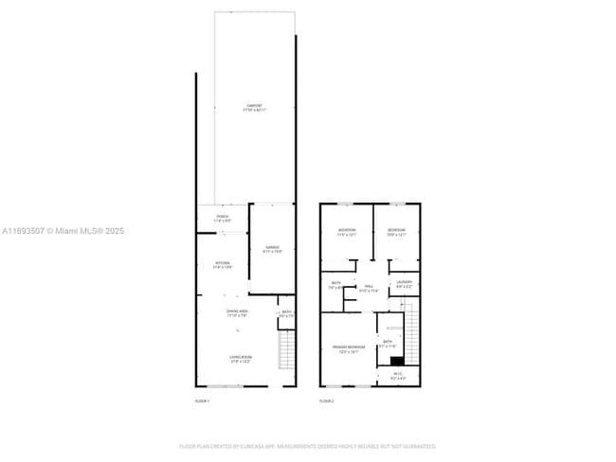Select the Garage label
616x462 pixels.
(x=271, y=250)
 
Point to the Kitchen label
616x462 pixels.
(x=223, y=265)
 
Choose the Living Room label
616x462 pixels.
(x=240, y=359)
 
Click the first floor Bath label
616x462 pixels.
(x=286, y=313)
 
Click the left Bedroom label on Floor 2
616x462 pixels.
(x=347, y=232)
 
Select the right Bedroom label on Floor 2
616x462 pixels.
(x=396, y=232)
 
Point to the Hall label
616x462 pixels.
(x=369, y=288)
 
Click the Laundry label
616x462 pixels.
(x=405, y=283)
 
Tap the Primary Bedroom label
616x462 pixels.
(x=346, y=349)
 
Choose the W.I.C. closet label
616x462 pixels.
(x=398, y=376)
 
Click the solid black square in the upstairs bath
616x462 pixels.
(x=397, y=360)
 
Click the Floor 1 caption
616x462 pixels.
(x=202, y=401)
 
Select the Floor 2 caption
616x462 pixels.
(x=327, y=401)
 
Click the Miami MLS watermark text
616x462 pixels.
(x=63, y=231)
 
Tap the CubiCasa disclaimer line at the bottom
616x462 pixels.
(x=308, y=445)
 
